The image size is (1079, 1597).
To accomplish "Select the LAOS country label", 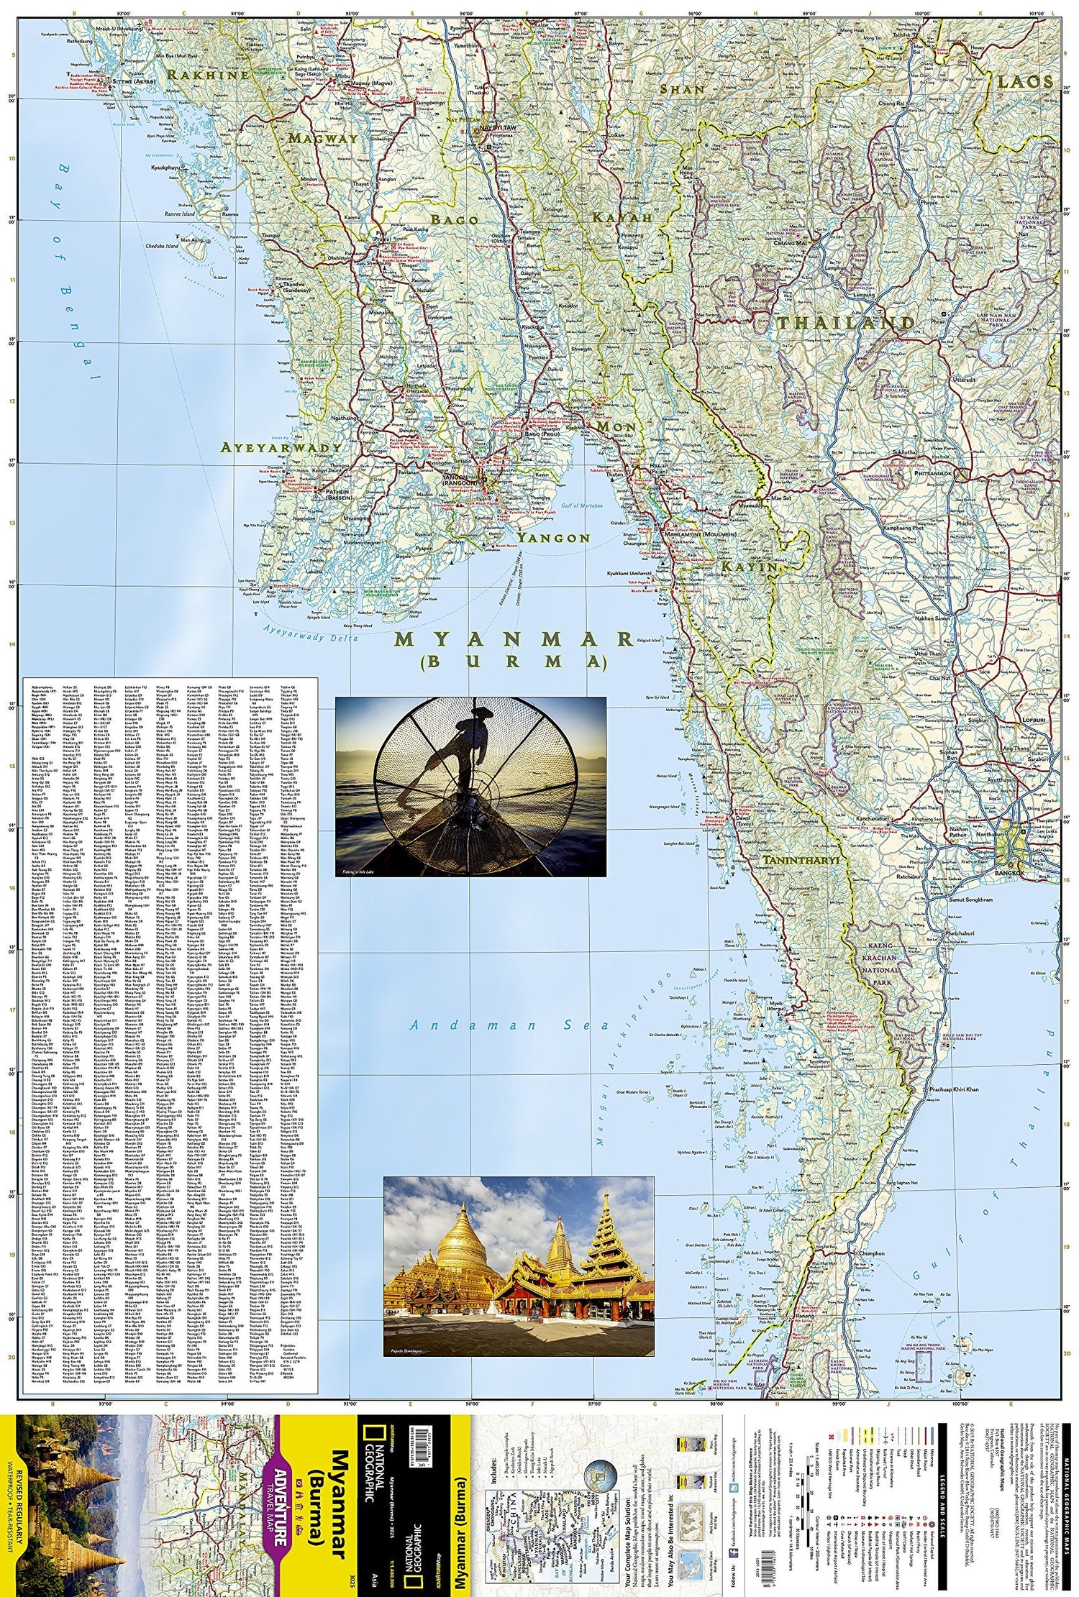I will point(1024,81).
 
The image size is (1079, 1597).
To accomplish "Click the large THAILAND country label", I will point(844,322).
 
